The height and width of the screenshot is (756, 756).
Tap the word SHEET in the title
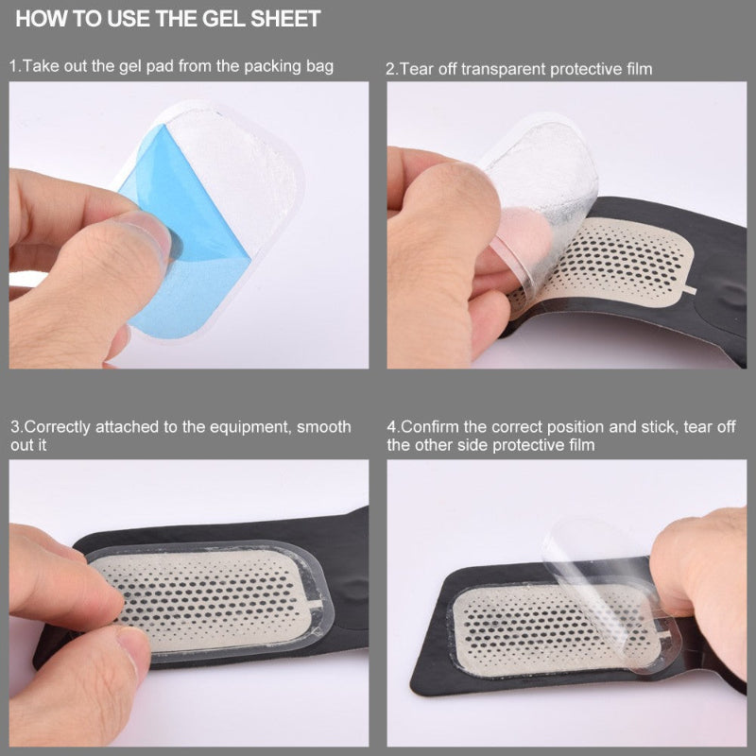[281, 18]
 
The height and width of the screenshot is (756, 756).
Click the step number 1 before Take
[13, 66]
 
